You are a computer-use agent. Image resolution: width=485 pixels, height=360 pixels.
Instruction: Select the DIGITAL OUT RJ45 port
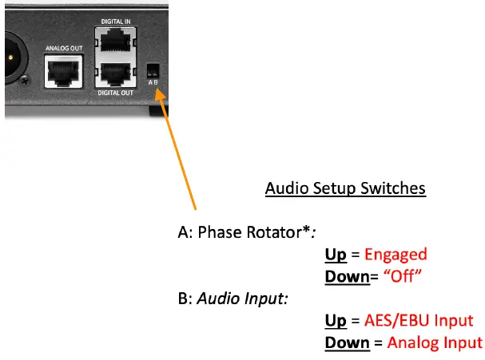[116, 77]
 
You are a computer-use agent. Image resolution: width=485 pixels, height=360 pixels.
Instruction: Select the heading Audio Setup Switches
[345, 189]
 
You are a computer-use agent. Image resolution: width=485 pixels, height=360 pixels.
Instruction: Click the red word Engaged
[396, 255]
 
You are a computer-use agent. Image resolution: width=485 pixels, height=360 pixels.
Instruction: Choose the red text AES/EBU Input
[419, 321]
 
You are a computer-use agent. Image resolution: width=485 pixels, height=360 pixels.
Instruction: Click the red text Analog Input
[435, 342]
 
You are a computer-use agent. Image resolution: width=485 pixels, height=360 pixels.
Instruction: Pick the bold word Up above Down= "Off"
[336, 255]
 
